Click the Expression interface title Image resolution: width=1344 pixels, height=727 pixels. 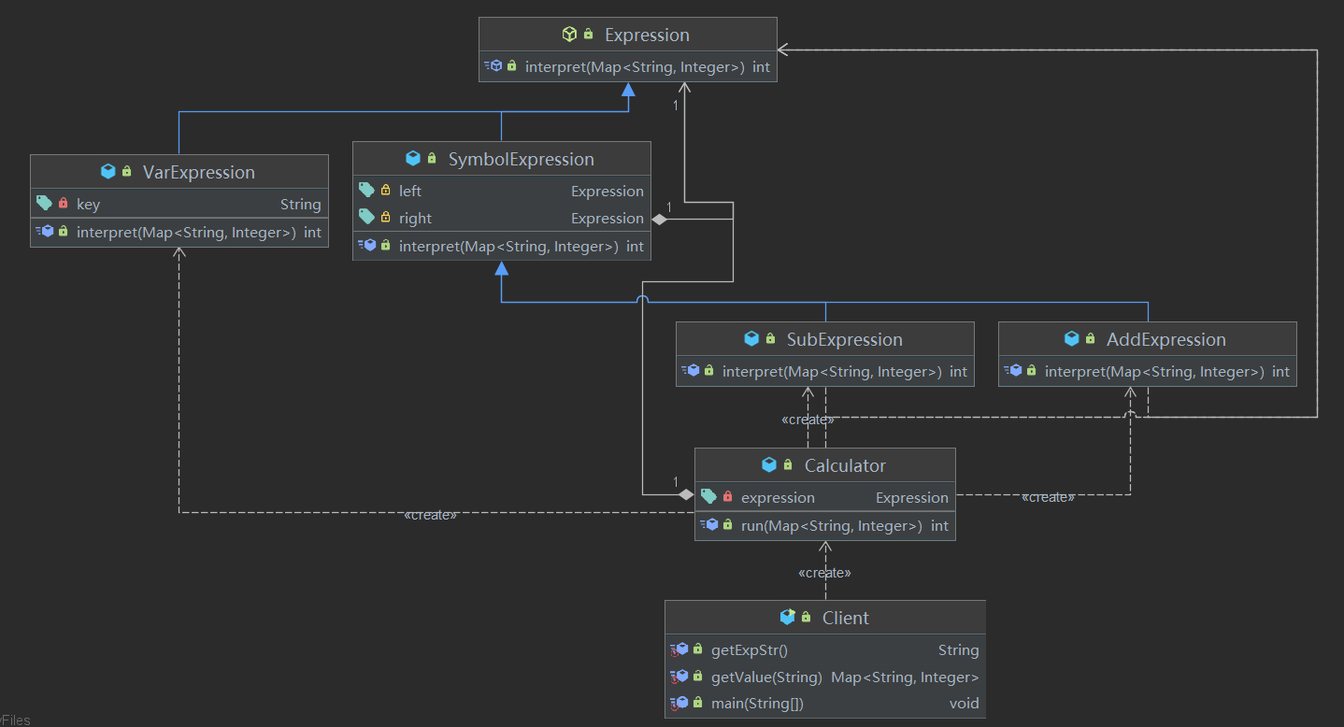pyautogui.click(x=647, y=35)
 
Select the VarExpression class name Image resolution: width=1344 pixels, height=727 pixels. pyautogui.click(x=198, y=172)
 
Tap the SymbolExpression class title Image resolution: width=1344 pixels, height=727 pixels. pyautogui.click(x=521, y=159)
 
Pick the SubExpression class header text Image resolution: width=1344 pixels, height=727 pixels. pyautogui.click(x=844, y=339)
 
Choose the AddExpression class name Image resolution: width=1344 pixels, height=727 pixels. pyautogui.click(x=1165, y=339)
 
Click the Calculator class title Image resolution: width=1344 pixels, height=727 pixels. pyautogui.click(x=845, y=465)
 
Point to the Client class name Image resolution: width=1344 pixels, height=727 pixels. pyautogui.click(x=846, y=618)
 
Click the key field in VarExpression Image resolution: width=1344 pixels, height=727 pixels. pyautogui.click(x=88, y=205)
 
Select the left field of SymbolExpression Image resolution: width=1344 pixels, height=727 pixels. pyautogui.click(x=410, y=192)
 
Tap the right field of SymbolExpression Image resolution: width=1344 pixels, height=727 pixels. pyautogui.click(x=415, y=219)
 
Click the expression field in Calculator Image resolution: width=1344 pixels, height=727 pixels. pyautogui.click(x=778, y=498)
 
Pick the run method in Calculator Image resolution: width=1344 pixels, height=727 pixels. pyautogui.click(x=832, y=526)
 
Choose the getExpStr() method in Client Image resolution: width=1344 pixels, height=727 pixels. pyautogui.click(x=750, y=650)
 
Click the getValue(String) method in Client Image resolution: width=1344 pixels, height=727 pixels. pyautogui.click(x=766, y=677)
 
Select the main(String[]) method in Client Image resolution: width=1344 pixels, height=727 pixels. pyautogui.click(x=757, y=704)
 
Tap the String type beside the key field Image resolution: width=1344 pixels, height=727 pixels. pyautogui.click(x=301, y=205)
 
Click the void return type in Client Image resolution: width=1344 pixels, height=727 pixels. pyautogui.click(x=965, y=704)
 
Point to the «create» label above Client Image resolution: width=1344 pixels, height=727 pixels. pyautogui.click(x=824, y=573)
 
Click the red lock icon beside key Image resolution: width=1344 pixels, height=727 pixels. pyautogui.click(x=63, y=203)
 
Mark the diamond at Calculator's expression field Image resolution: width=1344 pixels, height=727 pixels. pyautogui.click(x=686, y=495)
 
